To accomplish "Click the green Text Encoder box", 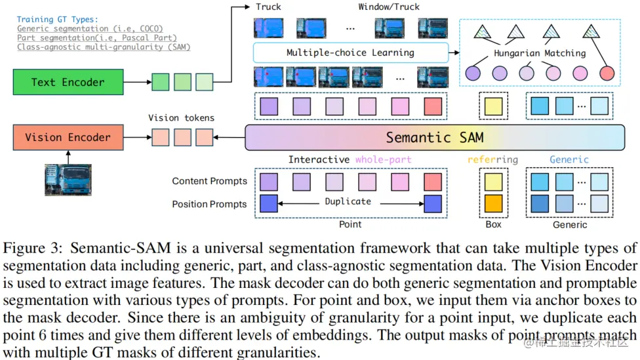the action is (68, 82).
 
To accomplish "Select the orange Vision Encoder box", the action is (68, 137).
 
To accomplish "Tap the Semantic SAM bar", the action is (435, 138).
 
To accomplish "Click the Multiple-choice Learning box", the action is (351, 52).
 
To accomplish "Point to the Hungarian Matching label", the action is (540, 53).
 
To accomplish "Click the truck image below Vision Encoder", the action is (68, 180).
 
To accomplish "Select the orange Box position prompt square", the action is (494, 204).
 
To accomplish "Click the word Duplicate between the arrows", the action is (348, 201).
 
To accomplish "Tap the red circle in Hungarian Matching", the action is (607, 73).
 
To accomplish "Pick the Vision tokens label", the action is (181, 118).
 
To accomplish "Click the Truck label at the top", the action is (268, 7).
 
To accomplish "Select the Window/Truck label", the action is (389, 7).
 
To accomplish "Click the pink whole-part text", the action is (383, 159).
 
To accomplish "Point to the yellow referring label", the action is (492, 159).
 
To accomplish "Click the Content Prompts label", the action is (209, 181).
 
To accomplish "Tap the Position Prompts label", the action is (209, 204).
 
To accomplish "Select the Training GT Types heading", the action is (57, 19).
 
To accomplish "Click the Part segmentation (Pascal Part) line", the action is (97, 37).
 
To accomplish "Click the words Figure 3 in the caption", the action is (33, 248).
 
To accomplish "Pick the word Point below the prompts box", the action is (350, 224).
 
